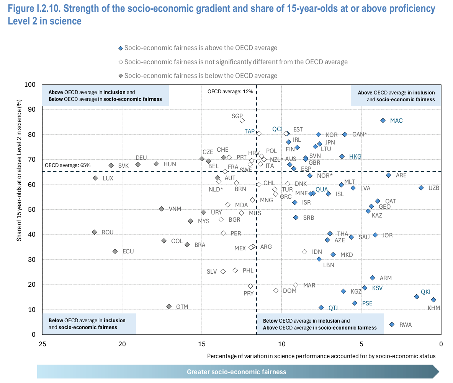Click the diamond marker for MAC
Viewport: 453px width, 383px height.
click(x=383, y=120)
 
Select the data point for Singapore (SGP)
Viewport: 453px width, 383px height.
click(x=242, y=121)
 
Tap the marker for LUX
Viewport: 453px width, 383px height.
click(x=95, y=178)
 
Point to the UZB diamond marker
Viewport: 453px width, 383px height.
click(x=421, y=188)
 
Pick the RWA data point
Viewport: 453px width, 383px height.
click(x=392, y=325)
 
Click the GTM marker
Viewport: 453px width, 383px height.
click(x=169, y=307)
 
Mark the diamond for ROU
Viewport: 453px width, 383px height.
click(x=94, y=232)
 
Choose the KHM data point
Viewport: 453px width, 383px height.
click(x=433, y=300)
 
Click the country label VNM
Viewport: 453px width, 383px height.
click(x=175, y=209)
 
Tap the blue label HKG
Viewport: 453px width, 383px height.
click(x=355, y=157)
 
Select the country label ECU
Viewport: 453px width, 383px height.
click(x=128, y=252)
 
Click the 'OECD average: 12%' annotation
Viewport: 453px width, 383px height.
click(x=230, y=92)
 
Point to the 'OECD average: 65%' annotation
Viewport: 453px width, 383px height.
click(x=68, y=165)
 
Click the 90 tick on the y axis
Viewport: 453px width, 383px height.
click(x=32, y=110)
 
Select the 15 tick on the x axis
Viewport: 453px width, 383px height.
click(x=202, y=344)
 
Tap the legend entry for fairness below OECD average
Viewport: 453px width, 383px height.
click(x=198, y=76)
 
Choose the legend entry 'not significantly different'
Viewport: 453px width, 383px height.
click(x=233, y=62)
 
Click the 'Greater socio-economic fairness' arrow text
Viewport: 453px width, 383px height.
click(x=237, y=372)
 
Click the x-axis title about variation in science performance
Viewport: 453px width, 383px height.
click(x=321, y=356)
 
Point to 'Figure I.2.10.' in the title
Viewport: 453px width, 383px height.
click(x=34, y=9)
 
